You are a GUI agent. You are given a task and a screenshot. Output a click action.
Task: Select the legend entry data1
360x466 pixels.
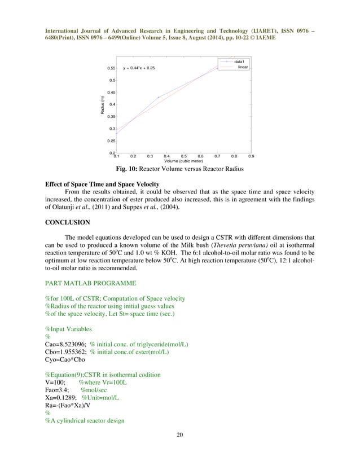pos(239,61)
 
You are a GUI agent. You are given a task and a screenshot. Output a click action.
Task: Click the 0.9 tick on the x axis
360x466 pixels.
pos(251,156)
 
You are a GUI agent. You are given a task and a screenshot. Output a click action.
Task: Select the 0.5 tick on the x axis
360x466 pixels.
pos(183,156)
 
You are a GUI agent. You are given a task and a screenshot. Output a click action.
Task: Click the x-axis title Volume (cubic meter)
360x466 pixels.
pos(183,161)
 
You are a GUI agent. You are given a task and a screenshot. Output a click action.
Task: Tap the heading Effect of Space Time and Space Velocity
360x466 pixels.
pos(102,184)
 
